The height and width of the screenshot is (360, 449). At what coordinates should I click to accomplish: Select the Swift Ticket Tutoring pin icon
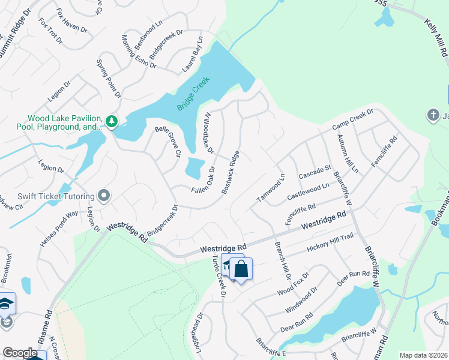(x=104, y=196)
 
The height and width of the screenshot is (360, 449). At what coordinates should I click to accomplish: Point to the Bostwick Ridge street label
(x=231, y=172)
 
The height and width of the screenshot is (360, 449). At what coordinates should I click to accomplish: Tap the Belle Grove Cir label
(x=167, y=142)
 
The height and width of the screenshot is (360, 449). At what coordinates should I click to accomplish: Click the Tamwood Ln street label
(x=271, y=187)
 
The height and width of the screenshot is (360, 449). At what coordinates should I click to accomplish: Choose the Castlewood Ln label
(x=309, y=191)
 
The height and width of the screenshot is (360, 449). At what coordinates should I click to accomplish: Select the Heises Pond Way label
(x=59, y=223)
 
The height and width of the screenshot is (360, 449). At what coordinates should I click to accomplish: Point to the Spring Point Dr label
(x=109, y=79)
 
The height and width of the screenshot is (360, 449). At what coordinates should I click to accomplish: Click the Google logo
(x=20, y=353)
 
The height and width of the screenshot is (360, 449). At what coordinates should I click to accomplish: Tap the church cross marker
(x=432, y=114)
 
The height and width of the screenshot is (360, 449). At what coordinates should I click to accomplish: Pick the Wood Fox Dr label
(x=293, y=284)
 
